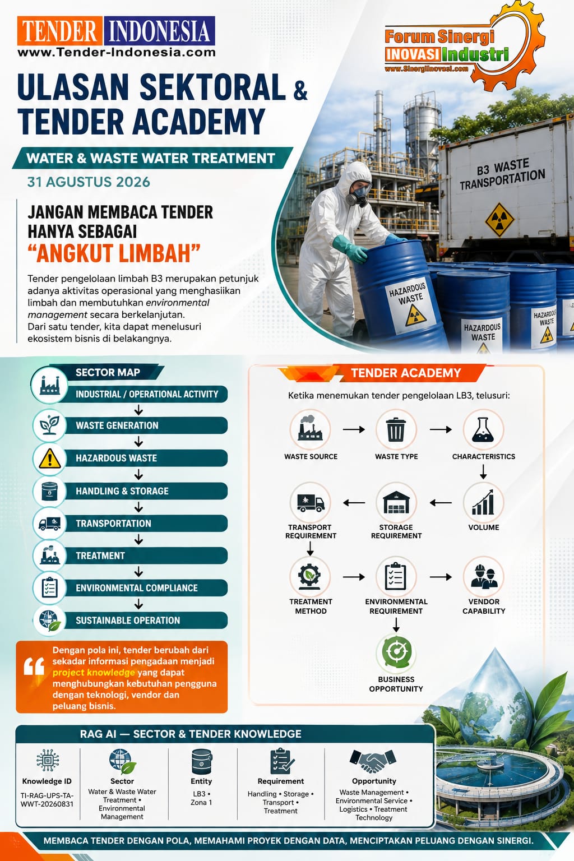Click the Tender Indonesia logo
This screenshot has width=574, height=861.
click(x=116, y=37)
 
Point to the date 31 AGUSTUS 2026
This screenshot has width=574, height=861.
click(x=89, y=182)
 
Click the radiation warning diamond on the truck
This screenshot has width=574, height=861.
click(x=499, y=220)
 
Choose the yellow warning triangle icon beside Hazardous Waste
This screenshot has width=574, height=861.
click(x=50, y=459)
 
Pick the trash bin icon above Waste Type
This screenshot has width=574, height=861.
click(x=396, y=430)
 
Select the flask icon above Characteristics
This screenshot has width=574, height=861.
click(x=483, y=430)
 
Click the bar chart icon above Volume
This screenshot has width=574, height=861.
click(x=483, y=502)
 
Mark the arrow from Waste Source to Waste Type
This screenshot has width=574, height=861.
click(x=354, y=429)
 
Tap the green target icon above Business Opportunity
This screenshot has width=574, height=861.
click(x=396, y=652)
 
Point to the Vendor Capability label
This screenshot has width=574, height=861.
click(x=484, y=606)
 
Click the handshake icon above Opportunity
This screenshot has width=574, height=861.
click(x=373, y=761)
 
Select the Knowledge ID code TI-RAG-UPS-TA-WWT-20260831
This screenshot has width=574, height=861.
click(x=47, y=800)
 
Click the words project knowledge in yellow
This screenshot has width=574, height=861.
click(x=94, y=673)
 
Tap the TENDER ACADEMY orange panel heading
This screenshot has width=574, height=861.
click(x=406, y=373)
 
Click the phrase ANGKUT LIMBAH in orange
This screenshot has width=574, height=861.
click(x=114, y=254)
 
